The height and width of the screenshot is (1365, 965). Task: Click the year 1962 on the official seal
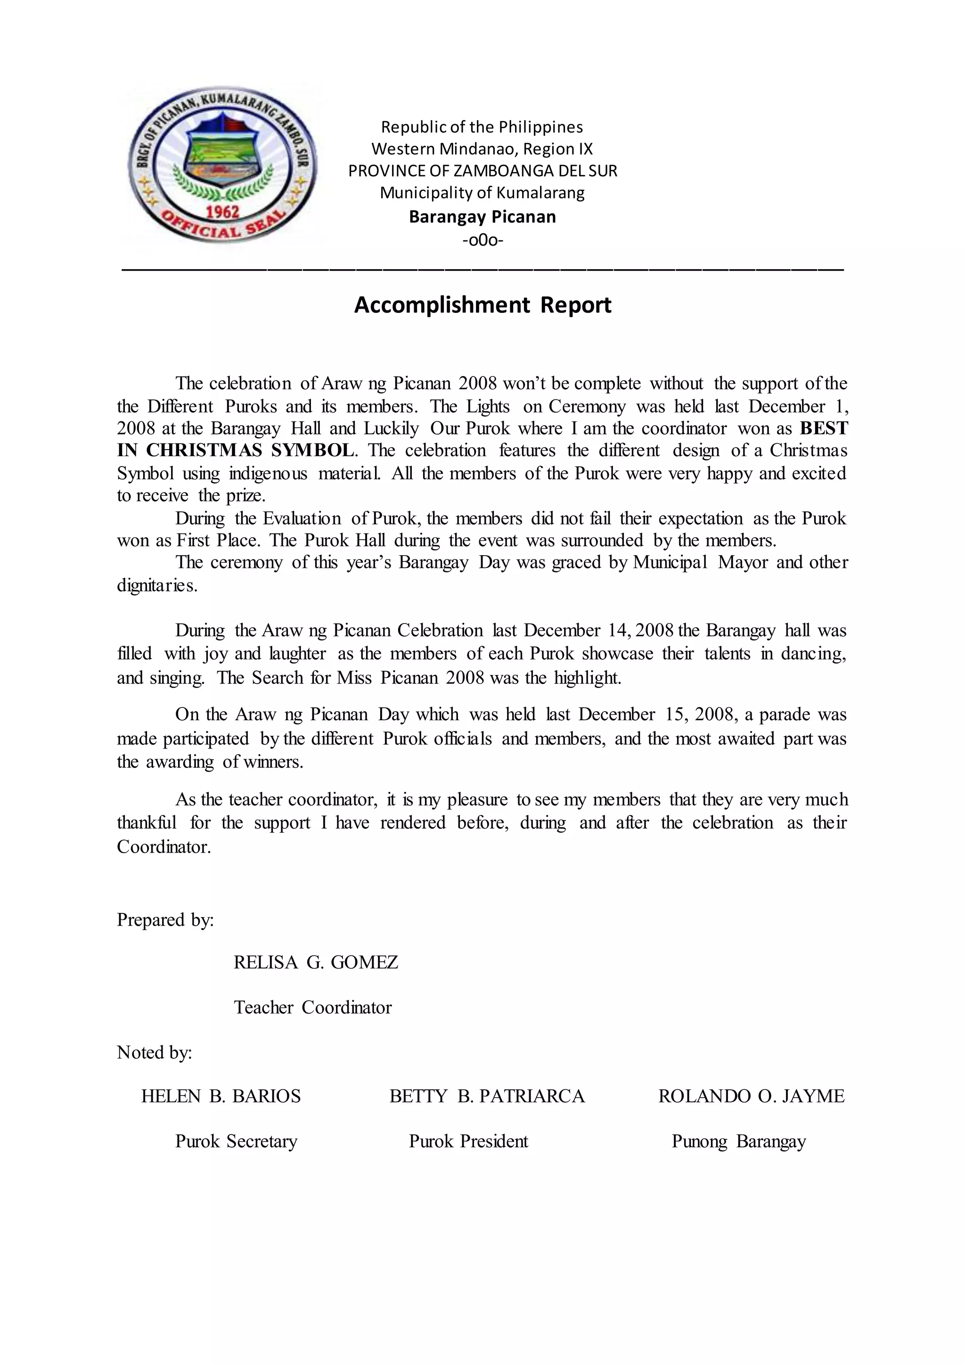click(x=223, y=212)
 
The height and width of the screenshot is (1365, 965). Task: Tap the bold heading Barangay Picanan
click(x=482, y=216)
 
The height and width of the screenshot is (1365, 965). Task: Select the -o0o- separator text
click(x=482, y=240)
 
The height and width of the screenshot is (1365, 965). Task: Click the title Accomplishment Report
click(x=482, y=305)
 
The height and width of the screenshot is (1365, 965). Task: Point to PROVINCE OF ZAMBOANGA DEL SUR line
click(x=482, y=171)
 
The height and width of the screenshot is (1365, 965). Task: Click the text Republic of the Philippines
click(x=482, y=127)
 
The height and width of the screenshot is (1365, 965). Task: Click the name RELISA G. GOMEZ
click(x=316, y=962)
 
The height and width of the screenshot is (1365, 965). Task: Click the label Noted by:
click(x=155, y=1053)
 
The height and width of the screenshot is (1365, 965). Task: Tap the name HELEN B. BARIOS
click(x=221, y=1096)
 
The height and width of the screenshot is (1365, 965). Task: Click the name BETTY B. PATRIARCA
click(x=487, y=1096)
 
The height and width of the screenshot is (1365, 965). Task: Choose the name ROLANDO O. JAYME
click(x=751, y=1096)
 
